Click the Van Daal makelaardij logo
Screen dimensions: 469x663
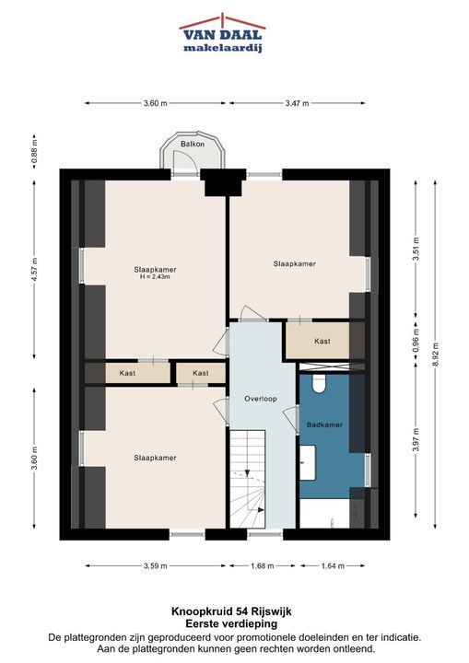coord(223,33)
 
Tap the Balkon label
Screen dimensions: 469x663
coord(193,144)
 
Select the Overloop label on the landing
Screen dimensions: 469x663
coord(261,399)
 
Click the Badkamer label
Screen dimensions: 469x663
coord(324,425)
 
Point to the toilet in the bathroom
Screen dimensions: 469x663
coord(319,383)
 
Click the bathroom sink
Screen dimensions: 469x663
coord(308,462)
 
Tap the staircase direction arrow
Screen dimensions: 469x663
coord(248,472)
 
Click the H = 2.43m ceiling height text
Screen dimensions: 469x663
coord(155,277)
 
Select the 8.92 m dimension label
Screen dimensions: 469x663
coord(436,355)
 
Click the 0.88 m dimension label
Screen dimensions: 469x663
coord(35,151)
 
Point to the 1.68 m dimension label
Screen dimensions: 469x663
coord(262,565)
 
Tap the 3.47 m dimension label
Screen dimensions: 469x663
coord(297,103)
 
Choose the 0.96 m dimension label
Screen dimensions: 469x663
coord(416,341)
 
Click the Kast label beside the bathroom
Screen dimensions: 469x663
coord(322,341)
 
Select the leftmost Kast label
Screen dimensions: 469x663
coord(127,373)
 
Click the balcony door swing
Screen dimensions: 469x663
coord(185,160)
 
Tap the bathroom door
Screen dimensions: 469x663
coord(291,419)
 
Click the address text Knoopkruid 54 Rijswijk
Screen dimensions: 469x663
coord(231,611)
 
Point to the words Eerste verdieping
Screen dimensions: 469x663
coord(231,623)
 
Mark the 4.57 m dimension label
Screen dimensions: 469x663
coord(35,269)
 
